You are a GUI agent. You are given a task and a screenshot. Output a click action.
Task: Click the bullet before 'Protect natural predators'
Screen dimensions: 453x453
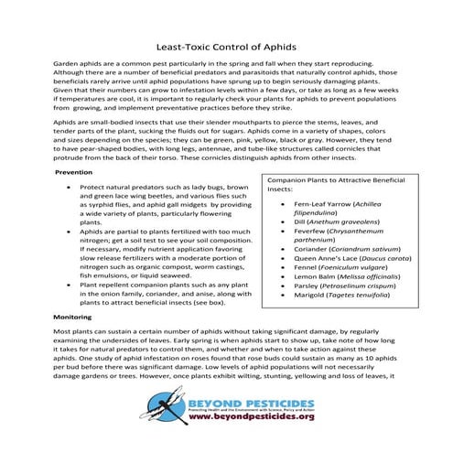(x=70, y=186)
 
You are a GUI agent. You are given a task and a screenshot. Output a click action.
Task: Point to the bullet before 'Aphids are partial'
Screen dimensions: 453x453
(x=70, y=233)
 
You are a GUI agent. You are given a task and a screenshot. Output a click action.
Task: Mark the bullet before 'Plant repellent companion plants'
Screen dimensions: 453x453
(x=70, y=285)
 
